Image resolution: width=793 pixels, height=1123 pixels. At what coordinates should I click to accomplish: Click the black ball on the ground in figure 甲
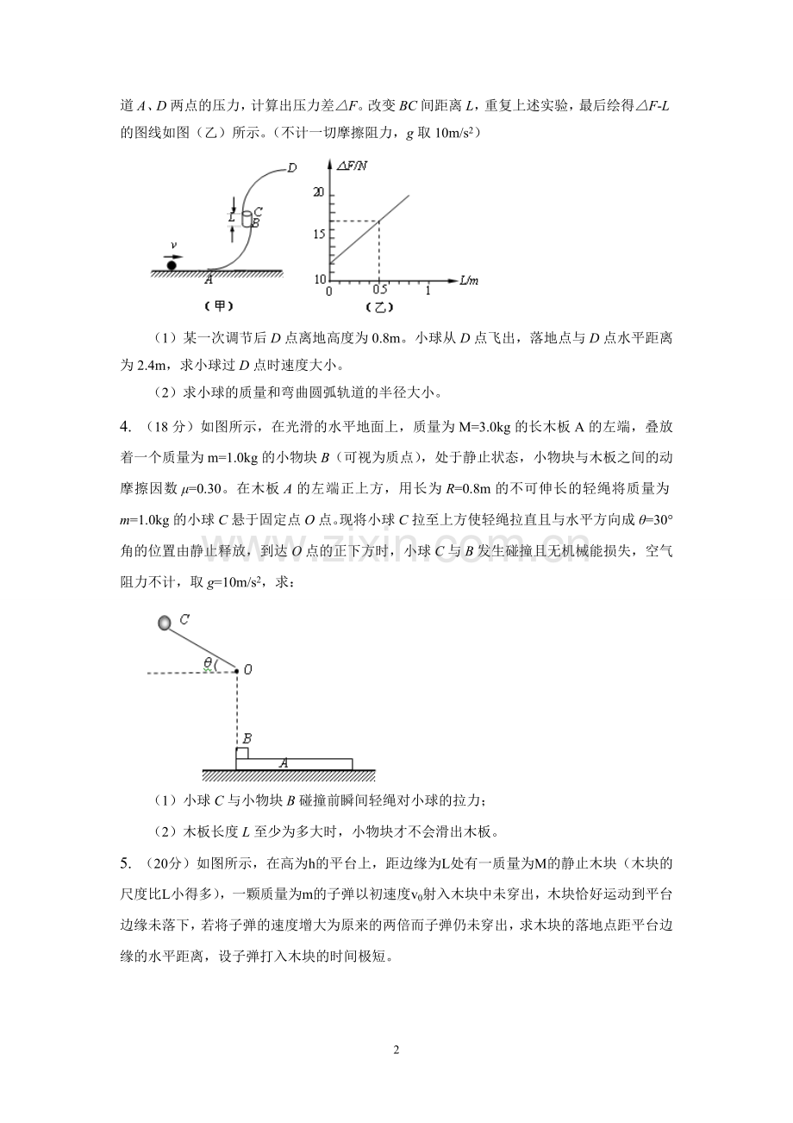click(x=172, y=264)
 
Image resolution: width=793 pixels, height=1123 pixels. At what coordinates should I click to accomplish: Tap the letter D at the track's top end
click(x=292, y=167)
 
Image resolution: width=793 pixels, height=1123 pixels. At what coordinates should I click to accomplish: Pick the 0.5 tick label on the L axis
click(x=380, y=291)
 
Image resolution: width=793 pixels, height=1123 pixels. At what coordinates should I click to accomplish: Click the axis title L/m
click(x=469, y=280)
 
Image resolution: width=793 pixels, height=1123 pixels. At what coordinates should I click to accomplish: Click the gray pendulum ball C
click(x=164, y=623)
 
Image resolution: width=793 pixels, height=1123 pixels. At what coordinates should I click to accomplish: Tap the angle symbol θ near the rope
click(x=208, y=662)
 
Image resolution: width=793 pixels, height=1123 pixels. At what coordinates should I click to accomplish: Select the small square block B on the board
click(x=242, y=753)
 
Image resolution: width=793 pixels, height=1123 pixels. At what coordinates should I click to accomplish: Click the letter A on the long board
click(x=283, y=762)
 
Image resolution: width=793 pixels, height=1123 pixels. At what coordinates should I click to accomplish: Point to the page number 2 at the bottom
click(x=396, y=1050)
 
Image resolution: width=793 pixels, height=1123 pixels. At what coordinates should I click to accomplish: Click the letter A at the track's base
click(x=209, y=279)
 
